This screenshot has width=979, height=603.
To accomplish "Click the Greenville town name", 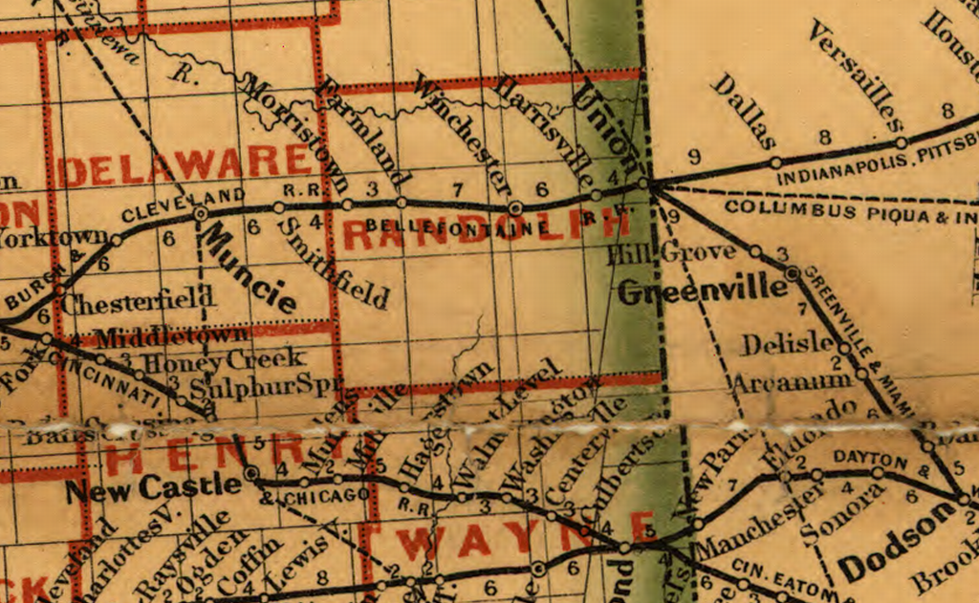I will coord(692,291).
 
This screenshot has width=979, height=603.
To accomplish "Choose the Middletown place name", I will coord(173,335).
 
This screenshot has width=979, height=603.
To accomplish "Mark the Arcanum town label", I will coord(791,380).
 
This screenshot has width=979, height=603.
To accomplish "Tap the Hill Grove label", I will coord(672,253).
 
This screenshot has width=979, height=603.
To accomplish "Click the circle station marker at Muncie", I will coord(201,215).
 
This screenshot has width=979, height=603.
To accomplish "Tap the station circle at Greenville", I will coord(792,273).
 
